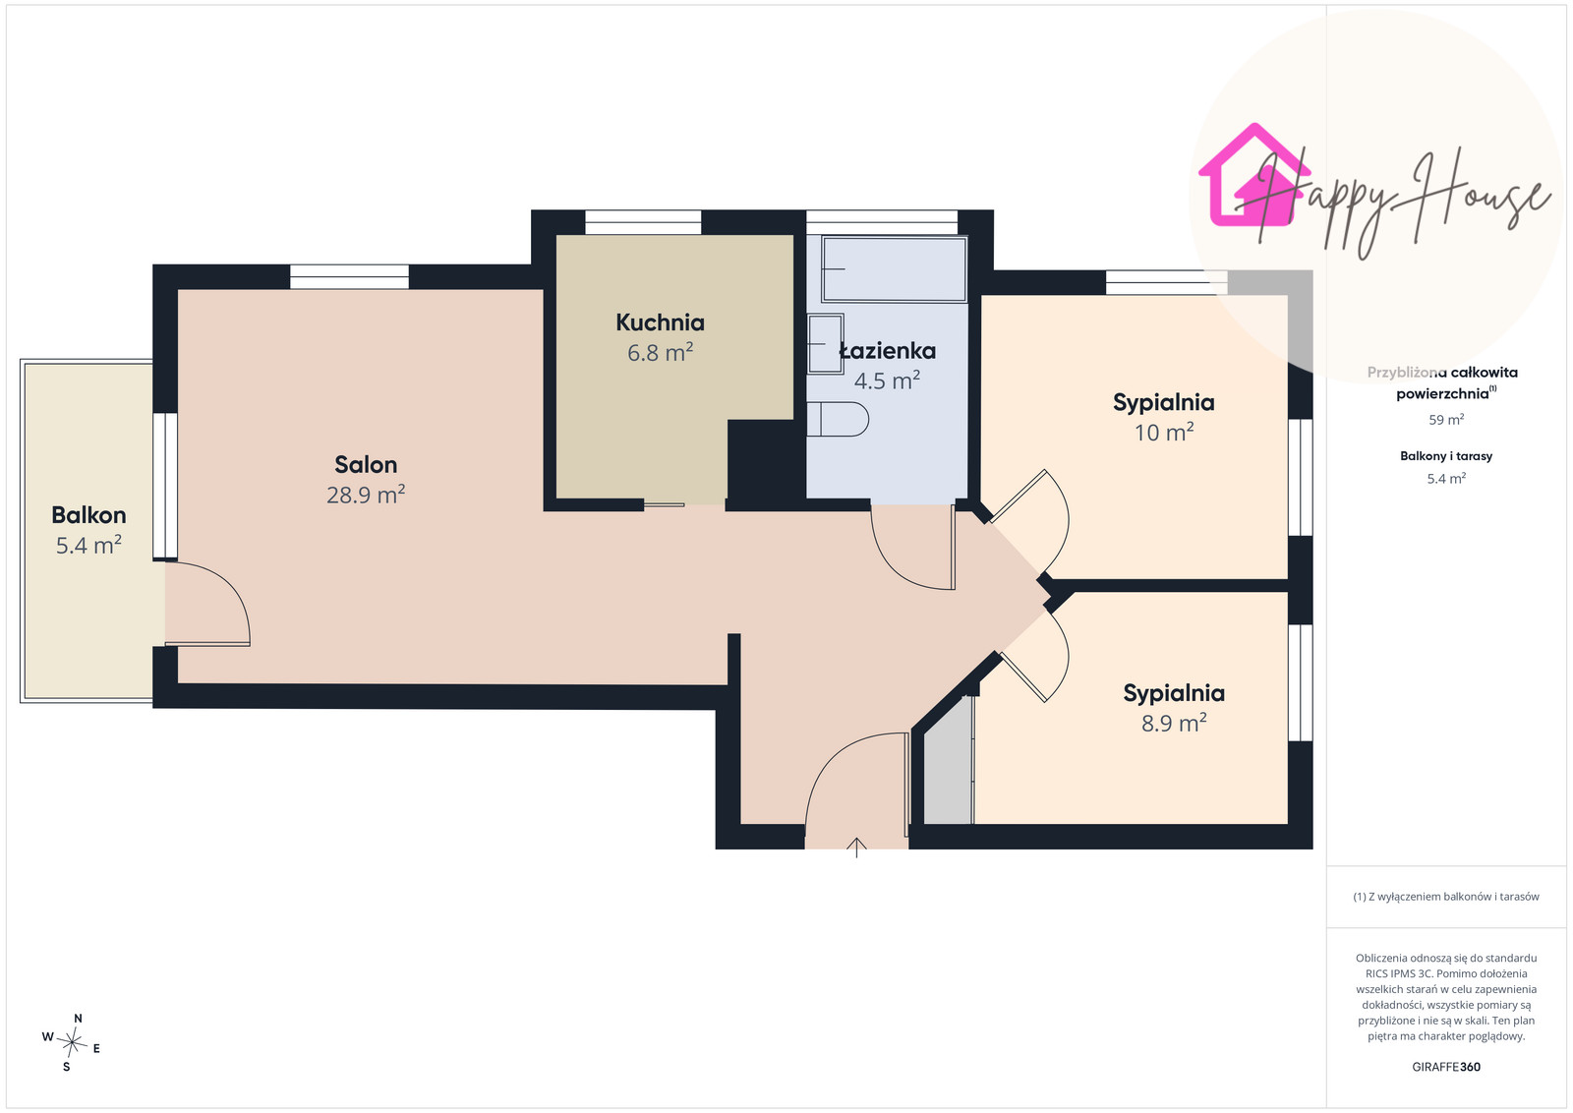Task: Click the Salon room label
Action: pyautogui.click(x=365, y=464)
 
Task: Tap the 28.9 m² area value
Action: pyautogui.click(x=365, y=495)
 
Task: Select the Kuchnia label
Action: pyautogui.click(x=660, y=322)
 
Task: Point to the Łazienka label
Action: pyautogui.click(x=888, y=350)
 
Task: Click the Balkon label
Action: pyautogui.click(x=88, y=515)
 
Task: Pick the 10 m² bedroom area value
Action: pyautogui.click(x=1164, y=432)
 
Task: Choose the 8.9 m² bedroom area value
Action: pyautogui.click(x=1174, y=723)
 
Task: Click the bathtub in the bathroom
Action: pyautogui.click(x=894, y=269)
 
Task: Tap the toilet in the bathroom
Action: pyautogui.click(x=838, y=419)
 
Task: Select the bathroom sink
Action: pyautogui.click(x=825, y=344)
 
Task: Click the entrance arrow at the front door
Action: pyautogui.click(x=856, y=848)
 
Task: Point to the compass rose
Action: pyautogui.click(x=72, y=1043)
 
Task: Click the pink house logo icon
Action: pyautogui.click(x=1254, y=176)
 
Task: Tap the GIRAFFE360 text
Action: pyautogui.click(x=1446, y=1067)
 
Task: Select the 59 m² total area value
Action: pyautogui.click(x=1446, y=419)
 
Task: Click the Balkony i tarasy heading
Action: pyautogui.click(x=1446, y=456)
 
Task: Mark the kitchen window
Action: pyautogui.click(x=643, y=222)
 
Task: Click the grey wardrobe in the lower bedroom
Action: pyautogui.click(x=948, y=770)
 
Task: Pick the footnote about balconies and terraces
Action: pyautogui.click(x=1446, y=897)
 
